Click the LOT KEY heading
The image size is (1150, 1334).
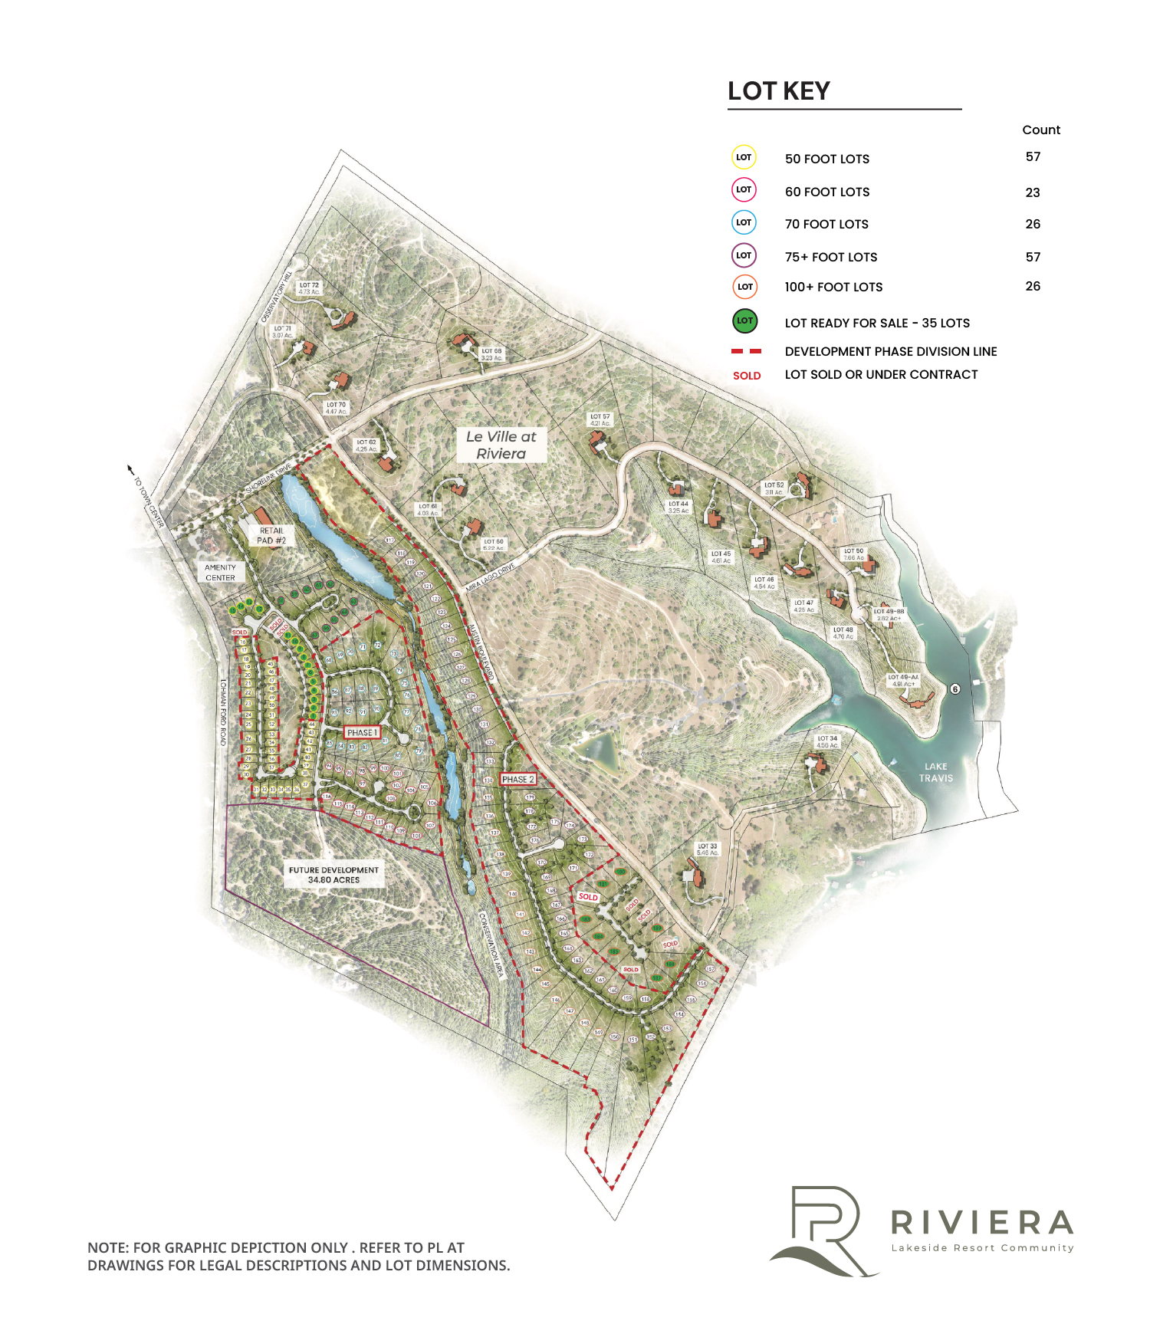click(x=778, y=91)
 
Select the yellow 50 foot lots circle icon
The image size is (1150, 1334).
click(x=744, y=157)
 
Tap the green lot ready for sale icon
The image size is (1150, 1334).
click(x=744, y=320)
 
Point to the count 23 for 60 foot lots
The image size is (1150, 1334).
click(x=1033, y=192)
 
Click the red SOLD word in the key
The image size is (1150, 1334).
click(x=747, y=376)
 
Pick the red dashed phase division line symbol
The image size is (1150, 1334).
click(x=746, y=351)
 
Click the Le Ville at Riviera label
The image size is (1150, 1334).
click(x=501, y=445)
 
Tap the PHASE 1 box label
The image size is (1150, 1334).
click(x=363, y=732)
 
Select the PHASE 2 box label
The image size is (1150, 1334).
click(x=517, y=779)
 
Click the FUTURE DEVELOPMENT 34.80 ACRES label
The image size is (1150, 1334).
click(x=333, y=875)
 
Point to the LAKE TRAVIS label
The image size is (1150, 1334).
click(x=936, y=772)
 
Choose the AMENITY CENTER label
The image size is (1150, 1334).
click(x=220, y=573)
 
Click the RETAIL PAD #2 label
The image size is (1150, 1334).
click(x=271, y=535)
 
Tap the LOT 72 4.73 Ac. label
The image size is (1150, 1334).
click(x=309, y=288)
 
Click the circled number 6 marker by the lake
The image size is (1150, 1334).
click(x=955, y=688)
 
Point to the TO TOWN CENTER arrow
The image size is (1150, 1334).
click(x=130, y=468)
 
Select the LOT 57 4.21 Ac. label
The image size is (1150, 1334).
click(x=600, y=420)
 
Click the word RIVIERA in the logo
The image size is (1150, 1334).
click(x=981, y=1222)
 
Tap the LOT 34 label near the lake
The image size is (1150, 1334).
click(x=827, y=741)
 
